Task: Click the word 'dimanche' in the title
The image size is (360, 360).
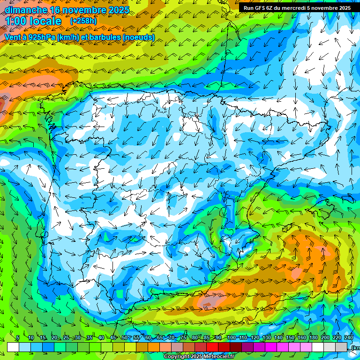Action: point(25,10)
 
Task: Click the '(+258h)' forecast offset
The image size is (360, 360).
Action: point(83,21)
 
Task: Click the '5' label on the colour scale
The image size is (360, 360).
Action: point(18,338)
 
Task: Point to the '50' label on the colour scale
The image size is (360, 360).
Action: point(124,338)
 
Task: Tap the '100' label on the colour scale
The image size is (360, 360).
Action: point(231,338)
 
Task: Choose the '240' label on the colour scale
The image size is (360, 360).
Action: point(349,338)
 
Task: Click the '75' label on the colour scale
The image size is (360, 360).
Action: point(183,338)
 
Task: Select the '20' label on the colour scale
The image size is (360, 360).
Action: point(54,338)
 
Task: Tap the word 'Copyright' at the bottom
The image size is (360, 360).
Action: point(177,357)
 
